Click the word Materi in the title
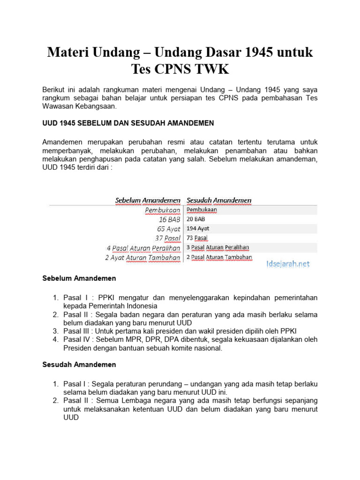67,52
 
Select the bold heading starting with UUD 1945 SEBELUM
128,123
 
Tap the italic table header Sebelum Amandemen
148,201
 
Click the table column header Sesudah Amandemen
219,201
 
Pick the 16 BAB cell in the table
170,219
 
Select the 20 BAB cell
196,219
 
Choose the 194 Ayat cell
198,228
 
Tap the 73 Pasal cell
197,238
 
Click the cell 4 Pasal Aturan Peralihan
143,248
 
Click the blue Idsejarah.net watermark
288,264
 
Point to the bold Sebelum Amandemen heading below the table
79,278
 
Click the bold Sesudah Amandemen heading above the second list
79,364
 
